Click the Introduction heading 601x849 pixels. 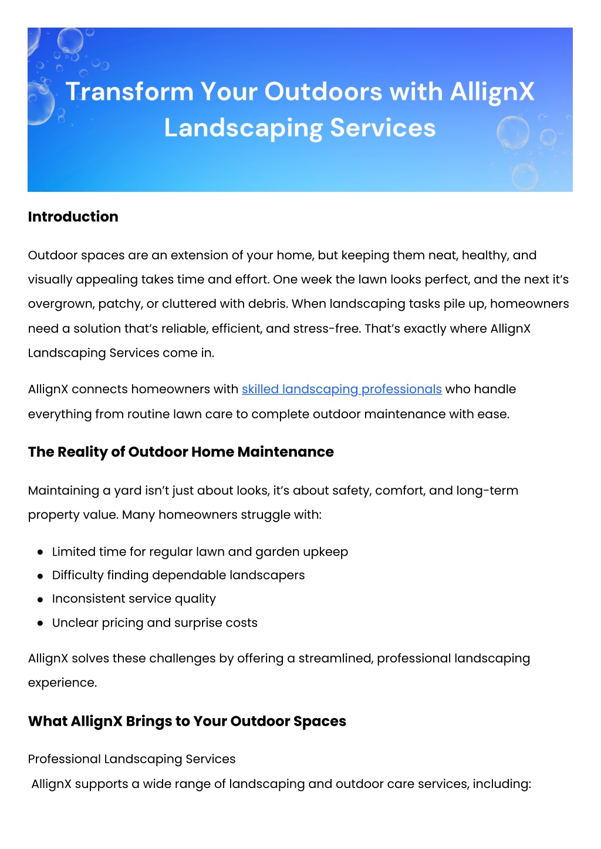[x=73, y=217]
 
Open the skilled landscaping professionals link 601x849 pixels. [x=342, y=389]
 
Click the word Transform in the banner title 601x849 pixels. [x=129, y=92]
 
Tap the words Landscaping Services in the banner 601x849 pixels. [x=300, y=128]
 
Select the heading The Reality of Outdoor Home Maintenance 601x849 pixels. [x=181, y=452]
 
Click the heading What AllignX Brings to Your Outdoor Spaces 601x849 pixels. [x=187, y=721]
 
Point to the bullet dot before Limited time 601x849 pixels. [x=40, y=552]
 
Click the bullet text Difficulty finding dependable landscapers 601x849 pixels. [x=178, y=575]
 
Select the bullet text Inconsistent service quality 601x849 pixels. [x=134, y=598]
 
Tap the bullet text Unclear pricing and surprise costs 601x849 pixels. [x=155, y=623]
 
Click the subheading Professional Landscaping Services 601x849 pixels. [x=131, y=759]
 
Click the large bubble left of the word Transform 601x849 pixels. [x=40, y=103]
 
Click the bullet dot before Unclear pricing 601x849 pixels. [x=40, y=623]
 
